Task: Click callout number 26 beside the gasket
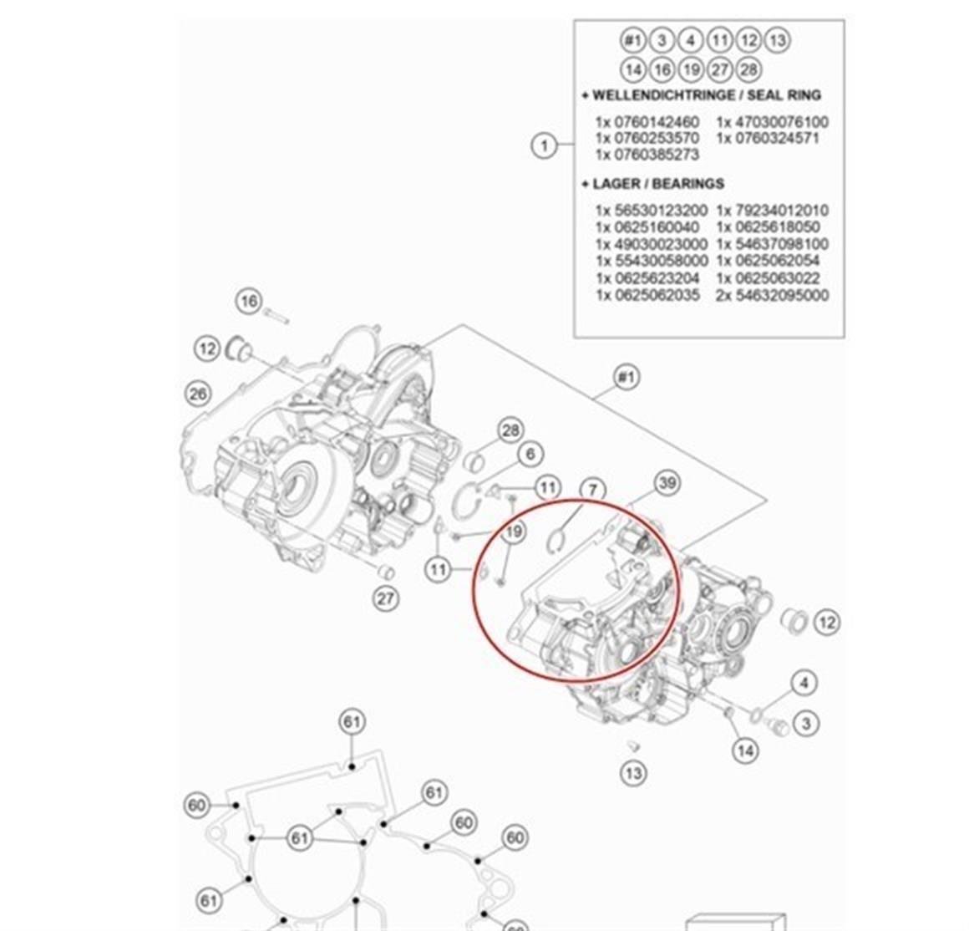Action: click(x=197, y=393)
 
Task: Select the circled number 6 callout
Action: click(x=530, y=455)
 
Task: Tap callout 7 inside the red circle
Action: click(x=591, y=490)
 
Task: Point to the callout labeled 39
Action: click(x=667, y=482)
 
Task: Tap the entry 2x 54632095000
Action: click(x=772, y=295)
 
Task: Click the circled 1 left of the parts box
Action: click(x=545, y=145)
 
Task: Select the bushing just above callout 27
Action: click(x=385, y=572)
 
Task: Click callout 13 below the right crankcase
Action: click(x=634, y=772)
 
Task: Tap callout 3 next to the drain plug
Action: click(x=805, y=723)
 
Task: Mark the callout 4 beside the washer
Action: click(x=804, y=683)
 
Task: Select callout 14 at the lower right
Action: click(x=745, y=750)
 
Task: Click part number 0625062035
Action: click(x=647, y=295)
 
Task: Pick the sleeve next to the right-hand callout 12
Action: click(x=793, y=621)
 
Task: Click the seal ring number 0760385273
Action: click(x=647, y=155)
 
